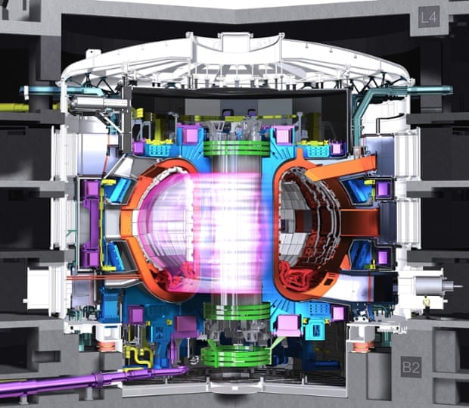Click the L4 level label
click(x=429, y=17)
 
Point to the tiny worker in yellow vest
click(x=426, y=304)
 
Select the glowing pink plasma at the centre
click(x=227, y=227)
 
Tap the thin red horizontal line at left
click(x=83, y=278)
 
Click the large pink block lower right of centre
click(x=287, y=325)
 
